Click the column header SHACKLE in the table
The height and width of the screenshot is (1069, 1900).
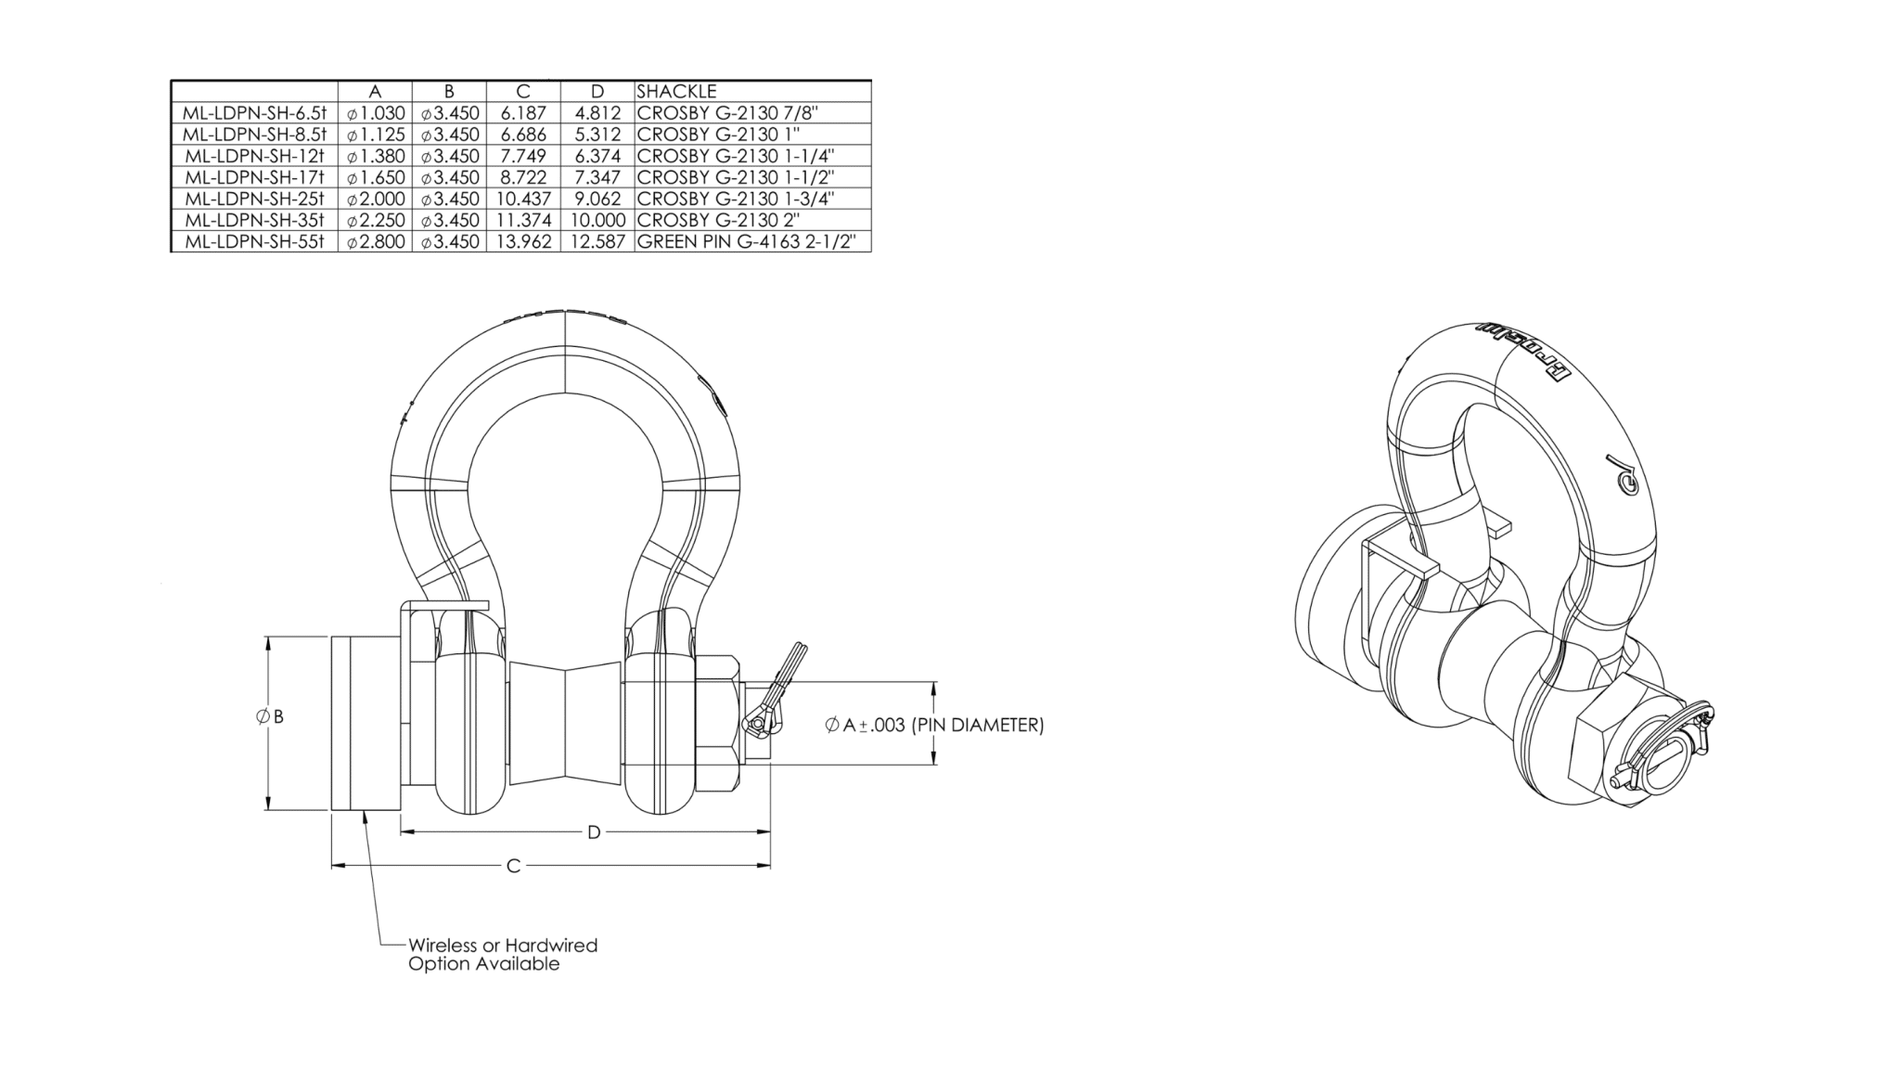click(676, 91)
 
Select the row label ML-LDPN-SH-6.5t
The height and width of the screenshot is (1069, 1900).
click(255, 113)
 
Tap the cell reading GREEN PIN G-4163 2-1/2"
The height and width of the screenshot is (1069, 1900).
click(752, 241)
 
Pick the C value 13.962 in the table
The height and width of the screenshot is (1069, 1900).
click(523, 241)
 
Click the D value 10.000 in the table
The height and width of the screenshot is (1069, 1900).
click(597, 220)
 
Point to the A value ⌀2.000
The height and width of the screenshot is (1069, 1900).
click(376, 199)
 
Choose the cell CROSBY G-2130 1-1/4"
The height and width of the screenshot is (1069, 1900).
click(736, 156)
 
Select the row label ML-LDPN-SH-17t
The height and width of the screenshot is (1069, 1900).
click(255, 177)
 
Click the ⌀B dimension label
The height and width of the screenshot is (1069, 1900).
click(270, 716)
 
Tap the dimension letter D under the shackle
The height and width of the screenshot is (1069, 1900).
click(594, 832)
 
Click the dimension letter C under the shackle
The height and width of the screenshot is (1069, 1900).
click(513, 866)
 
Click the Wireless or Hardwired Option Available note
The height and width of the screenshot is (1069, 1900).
click(502, 954)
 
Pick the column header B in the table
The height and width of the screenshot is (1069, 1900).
click(449, 91)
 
